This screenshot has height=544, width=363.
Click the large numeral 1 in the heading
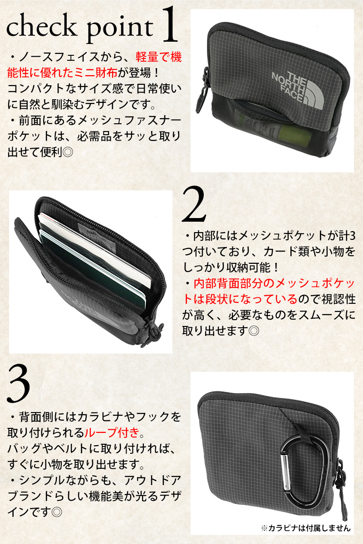(169, 24)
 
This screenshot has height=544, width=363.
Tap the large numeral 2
(194, 204)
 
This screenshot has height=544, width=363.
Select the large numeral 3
(19, 384)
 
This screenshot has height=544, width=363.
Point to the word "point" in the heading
(120, 30)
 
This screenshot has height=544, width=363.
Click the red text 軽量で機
(158, 58)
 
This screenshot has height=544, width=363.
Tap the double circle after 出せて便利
(68, 152)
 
